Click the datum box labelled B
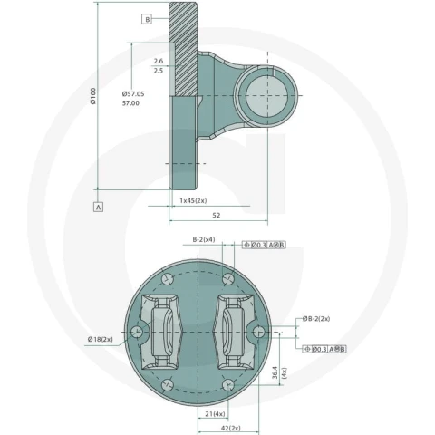tap(147, 19)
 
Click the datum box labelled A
tap(98, 207)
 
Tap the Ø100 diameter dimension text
tap(92, 96)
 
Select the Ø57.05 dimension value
tap(133, 94)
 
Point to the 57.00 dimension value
tap(130, 103)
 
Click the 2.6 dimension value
tap(159, 61)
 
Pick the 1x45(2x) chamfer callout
tap(193, 200)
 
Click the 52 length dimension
tap(217, 215)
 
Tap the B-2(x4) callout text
tap(204, 239)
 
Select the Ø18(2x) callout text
tap(101, 339)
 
